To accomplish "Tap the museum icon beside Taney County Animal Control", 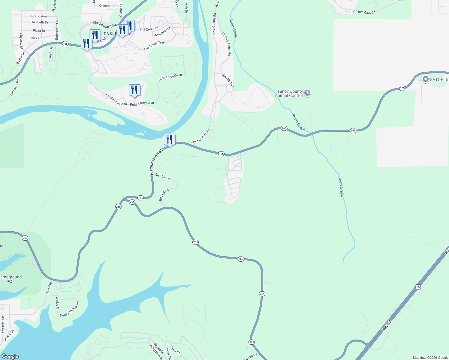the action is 307,93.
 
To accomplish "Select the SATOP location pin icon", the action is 425,79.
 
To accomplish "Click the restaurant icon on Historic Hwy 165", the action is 170,139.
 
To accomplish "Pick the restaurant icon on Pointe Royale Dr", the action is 134,90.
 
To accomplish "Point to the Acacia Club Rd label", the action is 364,12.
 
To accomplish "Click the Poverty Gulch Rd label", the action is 227,44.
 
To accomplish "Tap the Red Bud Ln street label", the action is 228,80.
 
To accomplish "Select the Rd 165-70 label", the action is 162,177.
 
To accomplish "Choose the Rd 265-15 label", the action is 164,195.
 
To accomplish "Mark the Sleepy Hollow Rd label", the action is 69,309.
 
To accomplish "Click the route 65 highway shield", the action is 418,287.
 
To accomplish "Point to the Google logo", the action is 10,356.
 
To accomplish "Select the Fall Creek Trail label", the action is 154,46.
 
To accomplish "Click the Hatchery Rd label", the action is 15,88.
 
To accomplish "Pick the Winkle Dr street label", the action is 57,303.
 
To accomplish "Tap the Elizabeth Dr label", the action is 39,22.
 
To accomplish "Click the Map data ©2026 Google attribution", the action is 430,358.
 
